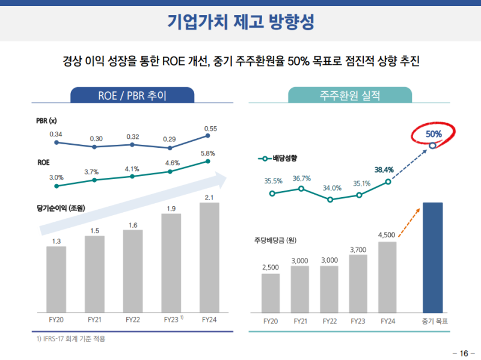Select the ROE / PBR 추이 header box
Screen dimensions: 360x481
click(x=132, y=95)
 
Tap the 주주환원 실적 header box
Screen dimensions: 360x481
click(x=350, y=95)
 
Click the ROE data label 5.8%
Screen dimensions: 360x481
click(x=208, y=153)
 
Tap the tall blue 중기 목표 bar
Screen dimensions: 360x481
click(x=432, y=257)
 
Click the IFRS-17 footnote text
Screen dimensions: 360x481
click(x=71, y=339)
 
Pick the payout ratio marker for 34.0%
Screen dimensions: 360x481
click(x=330, y=199)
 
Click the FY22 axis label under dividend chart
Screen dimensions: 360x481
click(x=329, y=321)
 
